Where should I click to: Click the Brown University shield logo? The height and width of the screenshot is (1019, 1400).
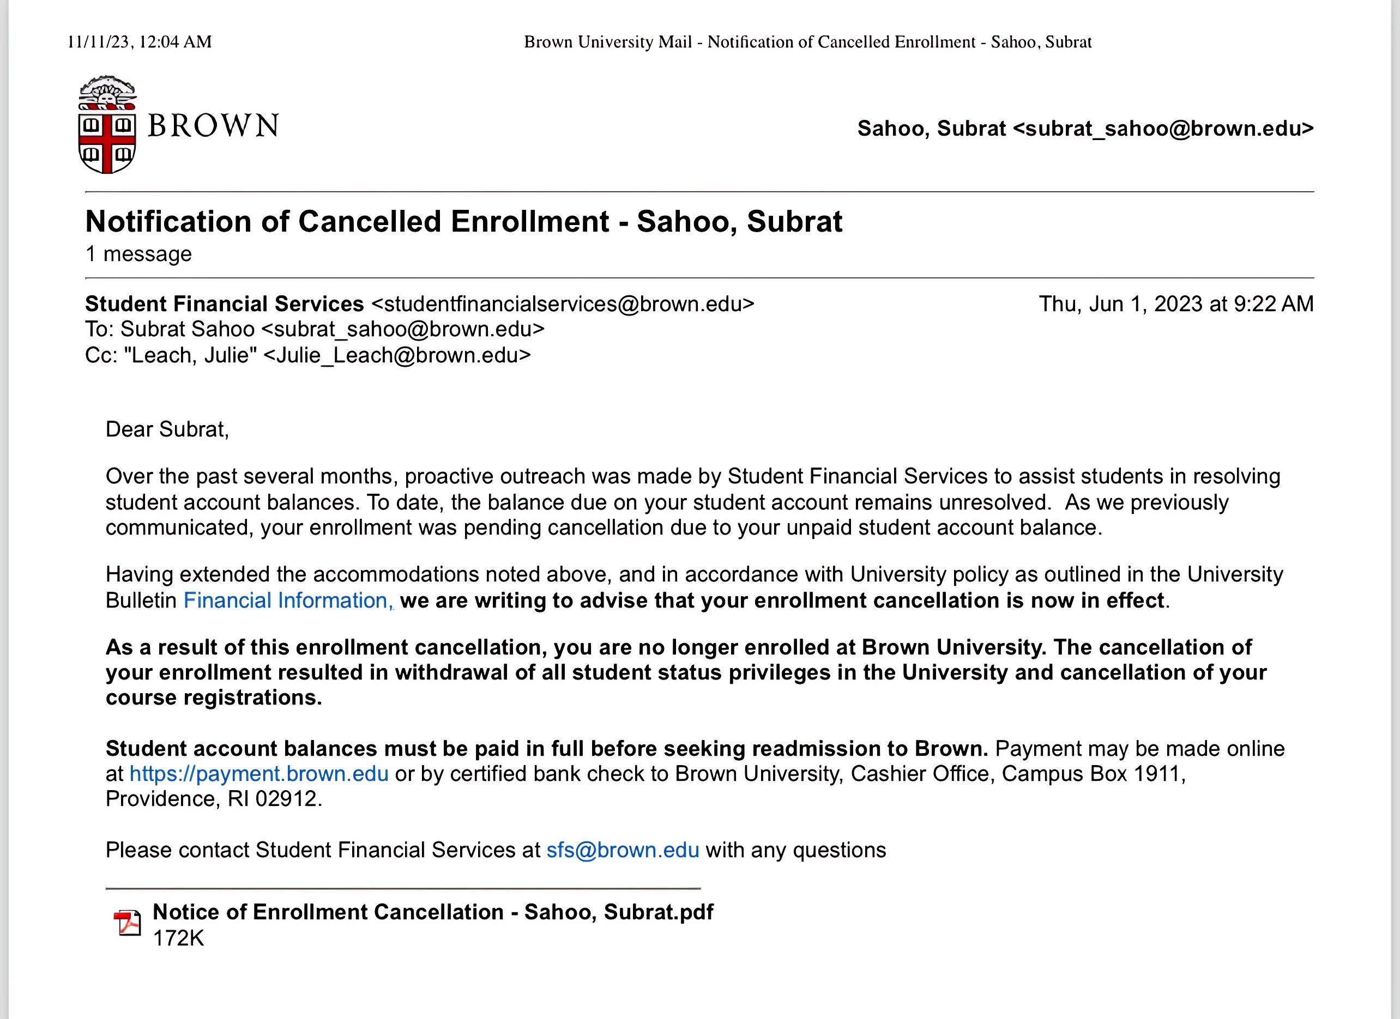[107, 125]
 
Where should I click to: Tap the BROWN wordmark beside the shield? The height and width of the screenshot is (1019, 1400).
[214, 126]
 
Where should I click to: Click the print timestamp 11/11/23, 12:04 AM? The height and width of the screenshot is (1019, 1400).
[140, 42]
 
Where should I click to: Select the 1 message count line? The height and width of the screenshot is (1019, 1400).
[138, 253]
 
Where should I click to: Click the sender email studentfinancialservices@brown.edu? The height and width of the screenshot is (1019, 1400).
[563, 304]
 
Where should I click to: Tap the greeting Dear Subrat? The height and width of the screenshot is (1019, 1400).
[167, 429]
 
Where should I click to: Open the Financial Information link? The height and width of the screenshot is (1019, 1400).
[285, 600]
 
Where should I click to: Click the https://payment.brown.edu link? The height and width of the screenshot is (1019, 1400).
[258, 773]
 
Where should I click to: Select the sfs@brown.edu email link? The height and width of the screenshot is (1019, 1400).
[622, 850]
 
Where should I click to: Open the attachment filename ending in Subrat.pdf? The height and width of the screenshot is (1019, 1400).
[433, 912]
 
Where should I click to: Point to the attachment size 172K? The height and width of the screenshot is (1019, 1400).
[178, 938]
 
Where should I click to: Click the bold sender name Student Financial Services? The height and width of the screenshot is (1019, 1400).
[224, 304]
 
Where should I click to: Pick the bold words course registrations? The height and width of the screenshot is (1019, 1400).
[213, 697]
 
